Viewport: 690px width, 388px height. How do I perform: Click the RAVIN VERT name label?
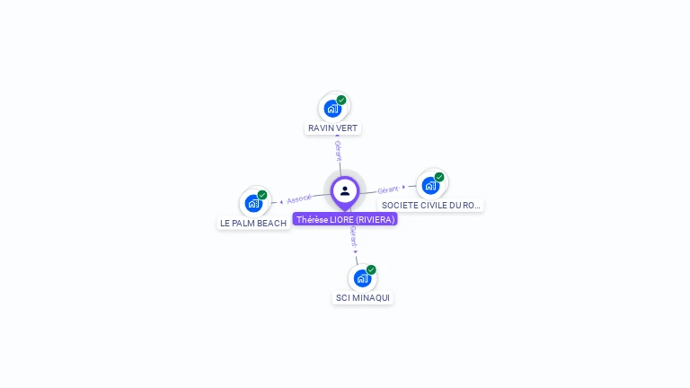pyautogui.click(x=332, y=128)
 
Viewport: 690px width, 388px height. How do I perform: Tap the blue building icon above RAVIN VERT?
pyautogui.click(x=332, y=109)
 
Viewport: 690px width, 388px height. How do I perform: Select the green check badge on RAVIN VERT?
pyautogui.click(x=341, y=101)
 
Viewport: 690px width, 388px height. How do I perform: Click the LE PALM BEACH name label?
pyautogui.click(x=253, y=223)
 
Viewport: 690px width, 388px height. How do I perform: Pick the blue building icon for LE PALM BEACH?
pyautogui.click(x=253, y=204)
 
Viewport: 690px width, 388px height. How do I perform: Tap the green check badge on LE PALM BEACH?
pyautogui.click(x=262, y=195)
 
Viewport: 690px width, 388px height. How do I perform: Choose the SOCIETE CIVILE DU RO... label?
pyautogui.click(x=430, y=206)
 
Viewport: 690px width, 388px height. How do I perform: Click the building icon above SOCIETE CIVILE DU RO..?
pyautogui.click(x=430, y=186)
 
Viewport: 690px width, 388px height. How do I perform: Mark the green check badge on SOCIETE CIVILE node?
pyautogui.click(x=439, y=177)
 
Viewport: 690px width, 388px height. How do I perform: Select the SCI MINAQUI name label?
pyautogui.click(x=363, y=297)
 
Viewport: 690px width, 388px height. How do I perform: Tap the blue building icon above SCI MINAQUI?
pyautogui.click(x=361, y=278)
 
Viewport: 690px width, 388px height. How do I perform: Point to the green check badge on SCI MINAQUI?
pyautogui.click(x=371, y=269)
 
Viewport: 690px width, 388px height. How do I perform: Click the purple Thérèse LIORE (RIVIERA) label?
pyautogui.click(x=345, y=219)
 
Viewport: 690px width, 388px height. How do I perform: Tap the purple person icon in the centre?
pyautogui.click(x=345, y=190)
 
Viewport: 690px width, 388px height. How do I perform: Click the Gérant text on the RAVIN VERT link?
pyautogui.click(x=338, y=150)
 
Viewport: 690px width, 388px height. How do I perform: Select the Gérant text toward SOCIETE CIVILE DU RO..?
pyautogui.click(x=388, y=190)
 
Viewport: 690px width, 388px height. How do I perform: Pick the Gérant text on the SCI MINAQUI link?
pyautogui.click(x=353, y=236)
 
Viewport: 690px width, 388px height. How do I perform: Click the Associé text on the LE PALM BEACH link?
pyautogui.click(x=299, y=198)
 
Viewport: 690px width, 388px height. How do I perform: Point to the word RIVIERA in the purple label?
pyautogui.click(x=375, y=219)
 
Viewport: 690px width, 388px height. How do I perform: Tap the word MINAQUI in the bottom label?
pyautogui.click(x=371, y=297)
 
